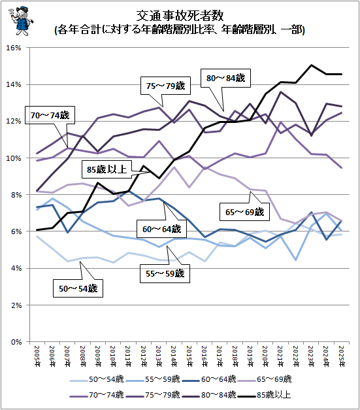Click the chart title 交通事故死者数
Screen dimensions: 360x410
[180, 16]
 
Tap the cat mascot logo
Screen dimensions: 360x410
[21, 21]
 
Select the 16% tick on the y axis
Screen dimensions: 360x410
[14, 48]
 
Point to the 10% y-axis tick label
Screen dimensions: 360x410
[14, 158]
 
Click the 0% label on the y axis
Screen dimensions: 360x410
[16, 342]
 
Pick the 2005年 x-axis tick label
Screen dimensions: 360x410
[37, 356]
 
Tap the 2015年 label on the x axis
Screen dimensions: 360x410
[189, 356]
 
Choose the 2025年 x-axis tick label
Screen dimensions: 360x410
[342, 356]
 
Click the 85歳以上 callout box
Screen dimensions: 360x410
[106, 169]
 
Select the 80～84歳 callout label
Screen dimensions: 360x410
[225, 78]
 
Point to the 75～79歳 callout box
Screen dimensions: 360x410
[166, 86]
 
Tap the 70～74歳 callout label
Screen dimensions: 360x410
[50, 115]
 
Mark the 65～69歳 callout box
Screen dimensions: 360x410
[244, 212]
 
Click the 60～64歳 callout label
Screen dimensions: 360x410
[162, 229]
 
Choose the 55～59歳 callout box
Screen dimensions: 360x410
[165, 274]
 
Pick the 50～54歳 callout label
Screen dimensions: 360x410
[78, 288]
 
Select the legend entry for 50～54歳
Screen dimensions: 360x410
[97, 379]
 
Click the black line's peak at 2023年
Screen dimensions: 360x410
[311, 65]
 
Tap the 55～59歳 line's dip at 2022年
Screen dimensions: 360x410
[296, 260]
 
